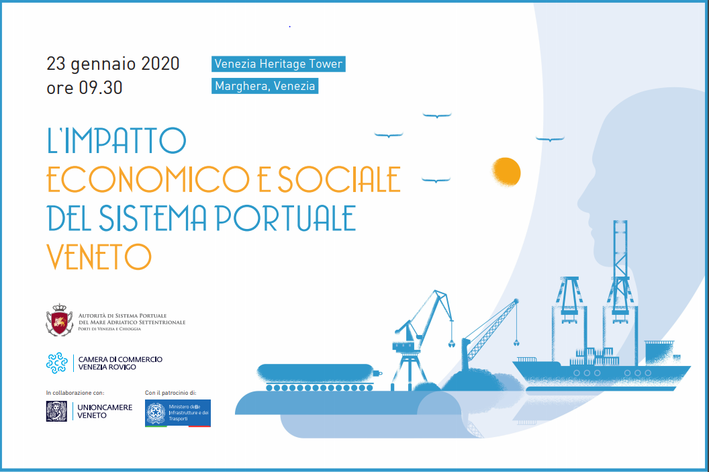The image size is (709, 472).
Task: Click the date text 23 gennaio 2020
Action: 113,64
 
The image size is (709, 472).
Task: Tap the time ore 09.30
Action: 85,88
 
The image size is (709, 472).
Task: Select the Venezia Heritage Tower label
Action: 279,64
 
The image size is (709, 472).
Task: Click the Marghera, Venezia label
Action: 265,86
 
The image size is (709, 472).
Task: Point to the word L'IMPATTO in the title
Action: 117,140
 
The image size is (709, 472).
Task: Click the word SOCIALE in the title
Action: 339,179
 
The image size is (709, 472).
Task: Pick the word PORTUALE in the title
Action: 286,218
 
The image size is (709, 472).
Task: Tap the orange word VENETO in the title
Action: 99,256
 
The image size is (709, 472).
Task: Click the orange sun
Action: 506,173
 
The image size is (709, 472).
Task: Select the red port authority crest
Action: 59,320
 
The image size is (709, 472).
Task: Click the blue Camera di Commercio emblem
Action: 57,363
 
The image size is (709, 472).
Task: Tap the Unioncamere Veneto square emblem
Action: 56,412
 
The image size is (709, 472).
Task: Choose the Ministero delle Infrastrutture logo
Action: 178,413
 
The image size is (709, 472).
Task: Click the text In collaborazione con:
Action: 75,393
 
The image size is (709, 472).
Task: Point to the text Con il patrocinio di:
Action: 171,393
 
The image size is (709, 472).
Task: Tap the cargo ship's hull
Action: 602,376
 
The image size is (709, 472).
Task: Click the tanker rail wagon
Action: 320,377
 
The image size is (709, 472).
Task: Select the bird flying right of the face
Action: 550,139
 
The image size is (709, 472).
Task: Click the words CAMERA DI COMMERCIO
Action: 120,359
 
